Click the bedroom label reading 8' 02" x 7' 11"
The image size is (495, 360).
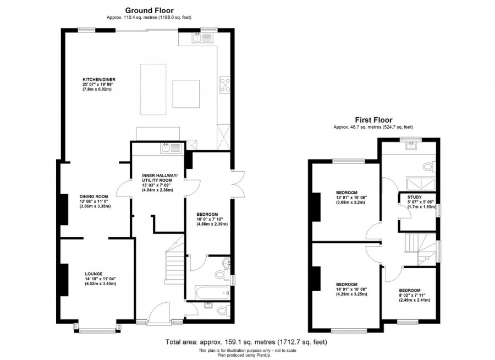click(x=410, y=290)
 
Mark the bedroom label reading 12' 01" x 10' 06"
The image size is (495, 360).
click(x=348, y=193)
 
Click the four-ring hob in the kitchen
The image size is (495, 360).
click(x=225, y=84)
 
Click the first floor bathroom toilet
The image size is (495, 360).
click(x=430, y=166)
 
